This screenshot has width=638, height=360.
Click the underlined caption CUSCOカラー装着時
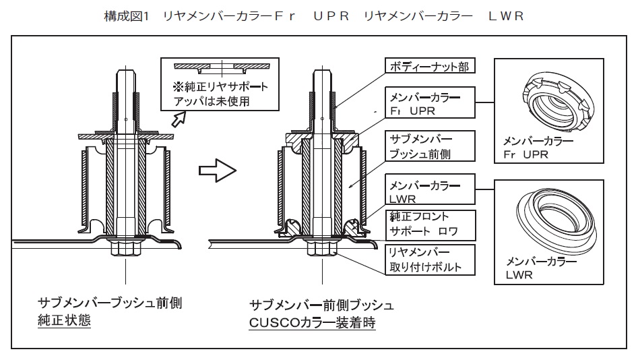[312, 323]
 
